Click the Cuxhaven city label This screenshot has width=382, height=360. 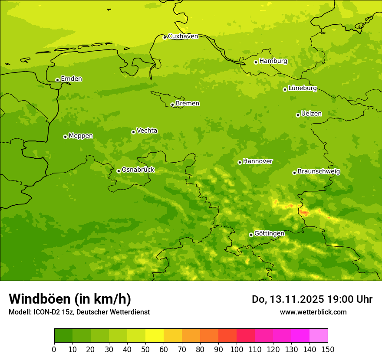click(183, 36)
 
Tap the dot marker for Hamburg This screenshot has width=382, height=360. click(256, 62)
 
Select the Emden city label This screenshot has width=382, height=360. click(71, 79)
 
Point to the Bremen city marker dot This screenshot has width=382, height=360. click(172, 105)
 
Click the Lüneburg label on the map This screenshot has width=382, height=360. click(303, 88)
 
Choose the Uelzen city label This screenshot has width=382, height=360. click(311, 114)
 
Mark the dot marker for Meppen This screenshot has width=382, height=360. click(65, 137)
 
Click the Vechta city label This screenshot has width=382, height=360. click(147, 131)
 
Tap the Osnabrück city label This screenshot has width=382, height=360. click(138, 170)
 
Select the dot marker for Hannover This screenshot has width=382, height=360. click(240, 162)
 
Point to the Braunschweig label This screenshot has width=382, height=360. click(319, 171)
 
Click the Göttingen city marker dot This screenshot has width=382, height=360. click(251, 235)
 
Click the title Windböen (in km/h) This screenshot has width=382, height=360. click(69, 299)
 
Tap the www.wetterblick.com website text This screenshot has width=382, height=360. click(313, 312)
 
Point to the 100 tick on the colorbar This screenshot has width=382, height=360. click(237, 349)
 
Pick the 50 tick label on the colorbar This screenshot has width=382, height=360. click(145, 349)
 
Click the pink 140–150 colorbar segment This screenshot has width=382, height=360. click(319, 335)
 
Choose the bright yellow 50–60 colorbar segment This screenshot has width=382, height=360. click(155, 335)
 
